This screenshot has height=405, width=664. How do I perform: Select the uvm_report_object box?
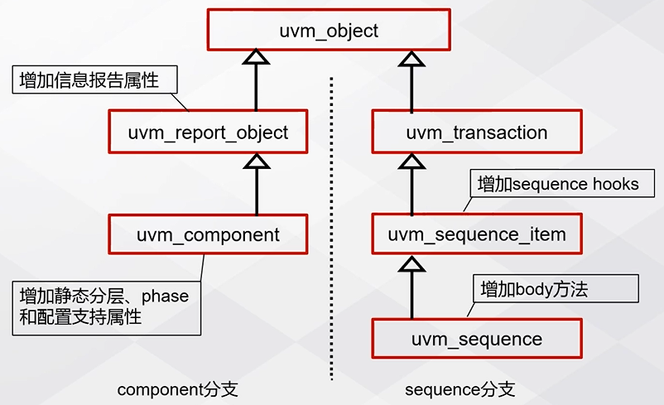(208, 133)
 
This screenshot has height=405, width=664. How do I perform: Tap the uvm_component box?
(208, 234)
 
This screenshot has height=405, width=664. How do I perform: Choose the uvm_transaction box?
(477, 133)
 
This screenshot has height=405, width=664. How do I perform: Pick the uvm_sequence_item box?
(477, 234)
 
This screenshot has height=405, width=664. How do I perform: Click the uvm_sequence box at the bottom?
(477, 339)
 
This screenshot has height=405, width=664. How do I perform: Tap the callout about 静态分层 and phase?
(106, 306)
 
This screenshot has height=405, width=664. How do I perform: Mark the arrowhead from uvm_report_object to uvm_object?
(257, 57)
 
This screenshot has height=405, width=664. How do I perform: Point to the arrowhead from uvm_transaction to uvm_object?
(411, 57)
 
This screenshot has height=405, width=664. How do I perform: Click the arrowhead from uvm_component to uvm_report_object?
(257, 162)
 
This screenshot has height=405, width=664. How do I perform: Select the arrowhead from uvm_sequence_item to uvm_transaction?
(411, 162)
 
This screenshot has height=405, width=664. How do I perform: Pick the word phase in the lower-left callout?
(166, 296)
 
